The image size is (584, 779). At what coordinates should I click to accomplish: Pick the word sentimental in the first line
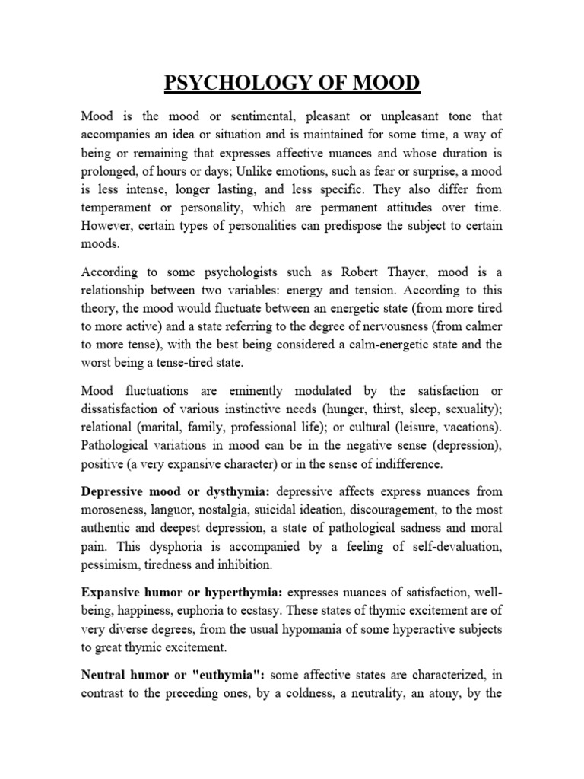coord(243,116)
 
